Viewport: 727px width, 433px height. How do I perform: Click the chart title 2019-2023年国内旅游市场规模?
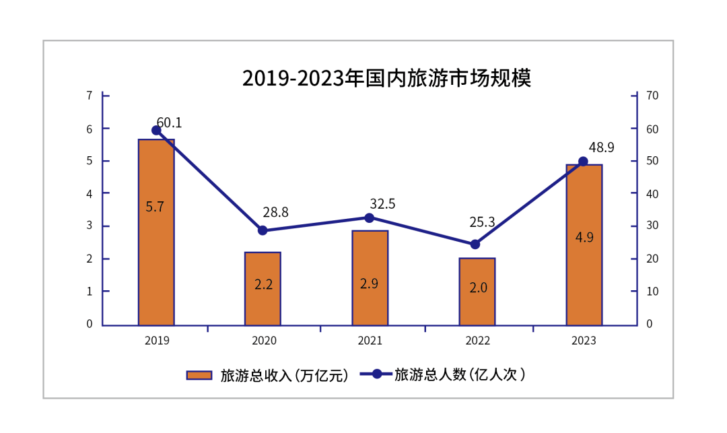point(386,78)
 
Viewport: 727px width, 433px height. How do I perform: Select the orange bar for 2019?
point(156,232)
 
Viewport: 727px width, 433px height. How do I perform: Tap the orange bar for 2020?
point(263,289)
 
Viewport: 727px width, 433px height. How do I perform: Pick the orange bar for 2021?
point(370,278)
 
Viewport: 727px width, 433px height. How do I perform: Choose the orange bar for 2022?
point(477,292)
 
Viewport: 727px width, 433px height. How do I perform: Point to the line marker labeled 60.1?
point(156,130)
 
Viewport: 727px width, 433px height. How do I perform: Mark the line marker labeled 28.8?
point(263,230)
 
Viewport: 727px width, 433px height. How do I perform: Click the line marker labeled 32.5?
point(370,218)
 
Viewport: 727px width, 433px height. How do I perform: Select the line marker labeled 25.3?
point(475,244)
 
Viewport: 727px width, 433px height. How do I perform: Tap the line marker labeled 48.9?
point(584,162)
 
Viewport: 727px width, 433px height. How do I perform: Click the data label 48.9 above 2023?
point(601,147)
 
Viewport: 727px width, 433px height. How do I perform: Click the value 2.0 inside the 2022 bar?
point(477,288)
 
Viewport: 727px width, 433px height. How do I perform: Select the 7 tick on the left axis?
point(90,96)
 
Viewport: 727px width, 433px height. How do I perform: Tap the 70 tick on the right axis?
point(652,96)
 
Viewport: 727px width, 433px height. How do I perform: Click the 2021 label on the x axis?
point(370,341)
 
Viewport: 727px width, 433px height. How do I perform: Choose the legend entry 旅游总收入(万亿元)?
point(268,376)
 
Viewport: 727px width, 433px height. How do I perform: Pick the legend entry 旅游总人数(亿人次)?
point(444,374)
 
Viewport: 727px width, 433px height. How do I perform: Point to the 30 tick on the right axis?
point(652,226)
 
